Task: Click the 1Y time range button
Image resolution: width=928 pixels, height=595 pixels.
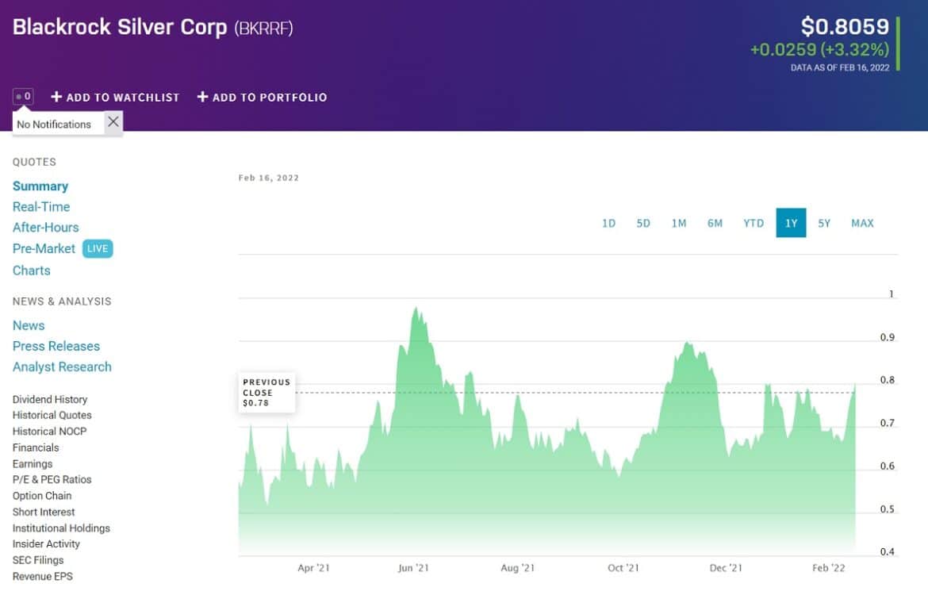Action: [791, 223]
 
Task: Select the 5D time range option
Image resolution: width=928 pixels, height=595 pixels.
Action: [643, 223]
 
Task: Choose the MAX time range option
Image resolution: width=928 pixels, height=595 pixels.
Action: [862, 223]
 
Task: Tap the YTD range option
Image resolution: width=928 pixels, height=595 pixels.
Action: [754, 223]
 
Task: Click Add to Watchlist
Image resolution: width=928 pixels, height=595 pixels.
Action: [115, 97]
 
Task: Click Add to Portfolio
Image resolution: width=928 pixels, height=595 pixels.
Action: [262, 97]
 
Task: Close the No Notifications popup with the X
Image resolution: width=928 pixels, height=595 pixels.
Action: [113, 121]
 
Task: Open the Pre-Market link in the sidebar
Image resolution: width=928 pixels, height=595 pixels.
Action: [44, 248]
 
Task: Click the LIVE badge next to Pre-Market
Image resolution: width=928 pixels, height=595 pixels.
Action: [98, 248]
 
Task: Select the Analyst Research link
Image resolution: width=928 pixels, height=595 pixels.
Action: [62, 367]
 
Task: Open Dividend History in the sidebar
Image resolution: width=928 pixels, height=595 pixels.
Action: [50, 399]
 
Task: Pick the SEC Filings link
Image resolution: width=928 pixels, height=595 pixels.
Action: [38, 560]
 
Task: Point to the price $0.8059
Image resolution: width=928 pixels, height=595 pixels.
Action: [845, 27]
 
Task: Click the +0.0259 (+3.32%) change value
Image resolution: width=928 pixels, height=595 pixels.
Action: [819, 50]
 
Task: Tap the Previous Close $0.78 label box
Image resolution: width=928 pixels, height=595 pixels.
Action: [267, 393]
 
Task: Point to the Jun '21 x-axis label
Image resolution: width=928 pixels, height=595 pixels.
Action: [413, 568]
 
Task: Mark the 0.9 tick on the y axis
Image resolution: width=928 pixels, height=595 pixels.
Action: [887, 337]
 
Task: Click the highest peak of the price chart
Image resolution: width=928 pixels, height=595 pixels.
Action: [415, 308]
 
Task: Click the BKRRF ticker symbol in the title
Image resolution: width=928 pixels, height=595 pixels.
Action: [264, 28]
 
